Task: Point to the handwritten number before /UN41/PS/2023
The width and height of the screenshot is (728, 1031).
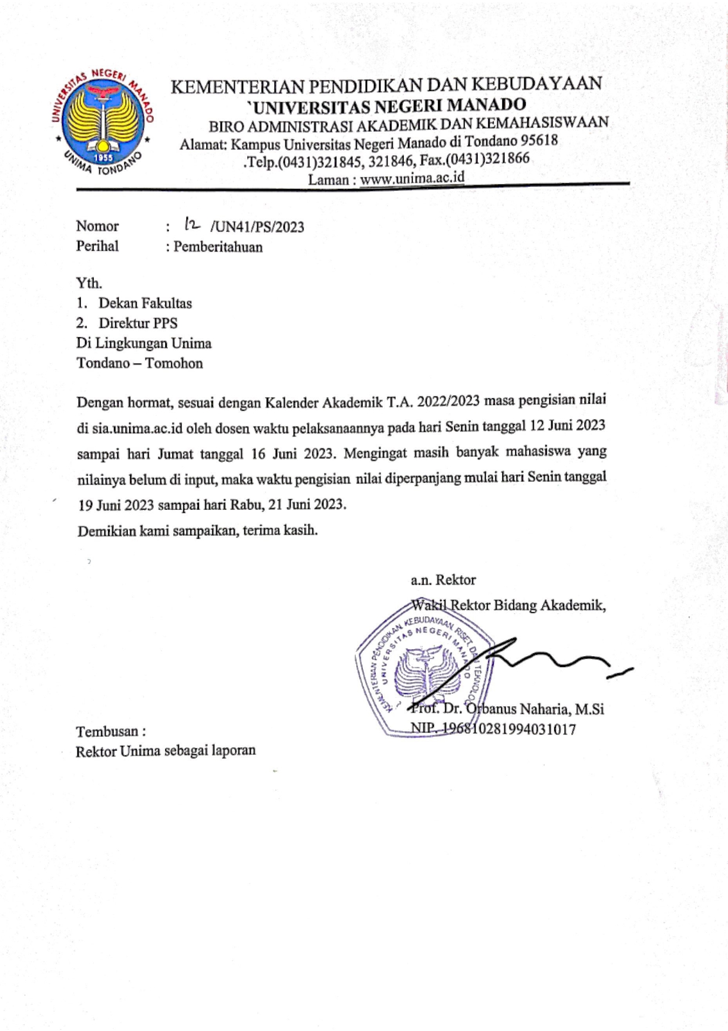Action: [x=192, y=224]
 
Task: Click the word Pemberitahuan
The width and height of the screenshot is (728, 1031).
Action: [x=218, y=247]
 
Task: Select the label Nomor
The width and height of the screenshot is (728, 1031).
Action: [x=97, y=226]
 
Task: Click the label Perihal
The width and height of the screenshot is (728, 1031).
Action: [x=97, y=246]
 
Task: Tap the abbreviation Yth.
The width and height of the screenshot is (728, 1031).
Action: [x=89, y=283]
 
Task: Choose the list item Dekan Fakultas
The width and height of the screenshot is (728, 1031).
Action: [x=145, y=303]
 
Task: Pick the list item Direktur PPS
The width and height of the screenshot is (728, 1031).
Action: [x=137, y=323]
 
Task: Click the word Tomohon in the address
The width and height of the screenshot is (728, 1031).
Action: [x=174, y=363]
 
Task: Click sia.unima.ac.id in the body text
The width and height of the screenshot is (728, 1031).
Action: [x=137, y=428]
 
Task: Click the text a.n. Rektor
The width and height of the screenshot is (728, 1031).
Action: [x=443, y=580]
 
